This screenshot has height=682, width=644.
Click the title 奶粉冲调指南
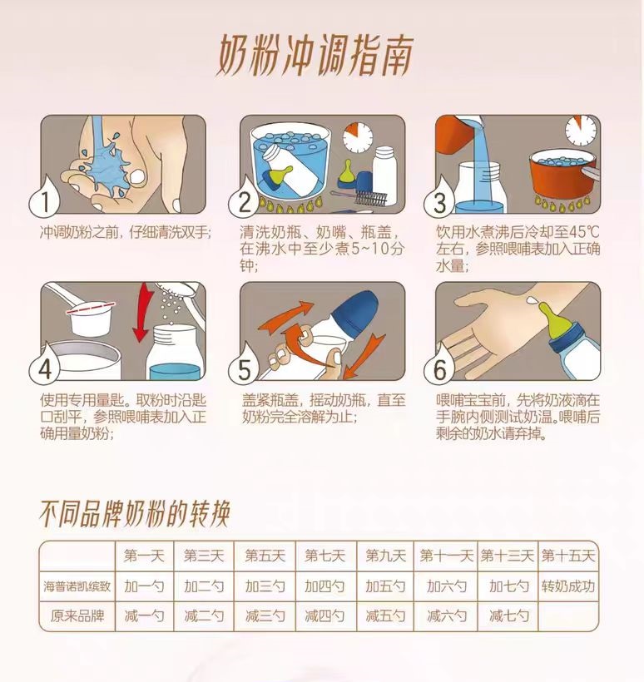tap(315, 55)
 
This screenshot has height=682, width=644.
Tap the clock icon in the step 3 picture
tap(581, 131)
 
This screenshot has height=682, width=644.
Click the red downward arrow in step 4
tap(143, 312)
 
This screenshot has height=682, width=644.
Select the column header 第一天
tap(144, 556)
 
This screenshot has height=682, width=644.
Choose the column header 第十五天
tap(567, 556)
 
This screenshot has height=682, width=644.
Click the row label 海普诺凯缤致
tap(77, 586)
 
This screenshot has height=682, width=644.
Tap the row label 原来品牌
tap(77, 616)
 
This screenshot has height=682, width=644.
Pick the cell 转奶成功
tap(567, 586)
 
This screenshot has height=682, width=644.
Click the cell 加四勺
tap(324, 586)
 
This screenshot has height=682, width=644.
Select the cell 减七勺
tap(508, 616)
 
